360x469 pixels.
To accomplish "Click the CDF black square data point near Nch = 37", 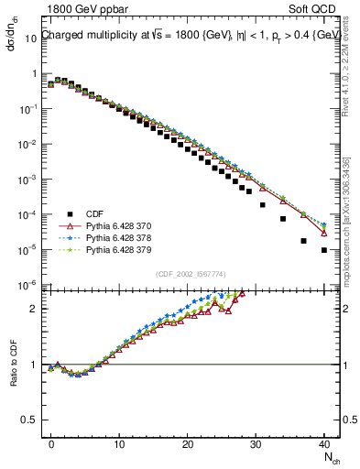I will click(x=304, y=241).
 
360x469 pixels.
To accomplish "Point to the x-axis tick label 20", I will click(x=187, y=442).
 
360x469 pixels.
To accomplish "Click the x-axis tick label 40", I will click(x=323, y=442).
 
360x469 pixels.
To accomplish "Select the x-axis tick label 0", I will click(x=51, y=442).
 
